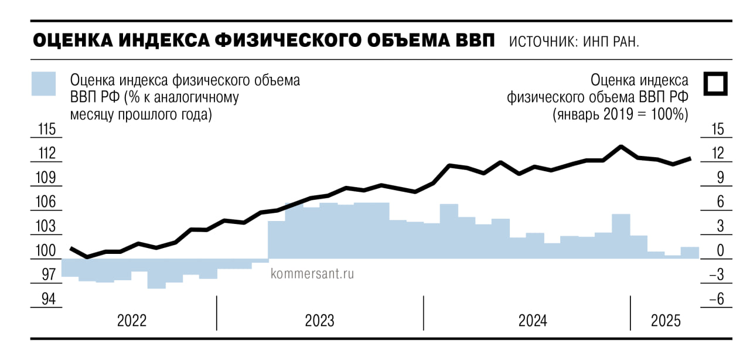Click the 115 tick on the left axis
pyautogui.click(x=46, y=129)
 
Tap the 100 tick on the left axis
pyautogui.click(x=46, y=251)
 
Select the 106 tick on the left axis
pyautogui.click(x=46, y=202)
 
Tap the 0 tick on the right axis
pyautogui.click(x=720, y=251)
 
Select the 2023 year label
pyautogui.click(x=319, y=321)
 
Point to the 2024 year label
pyautogui.click(x=533, y=321)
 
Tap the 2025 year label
pyautogui.click(x=666, y=321)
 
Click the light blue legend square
pyautogui.click(x=43, y=84)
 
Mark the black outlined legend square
pyautogui.click(x=715, y=84)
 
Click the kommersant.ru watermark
pyautogui.click(x=313, y=273)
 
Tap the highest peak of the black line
pyautogui.click(x=621, y=147)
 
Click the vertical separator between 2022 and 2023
pyautogui.click(x=216, y=313)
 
